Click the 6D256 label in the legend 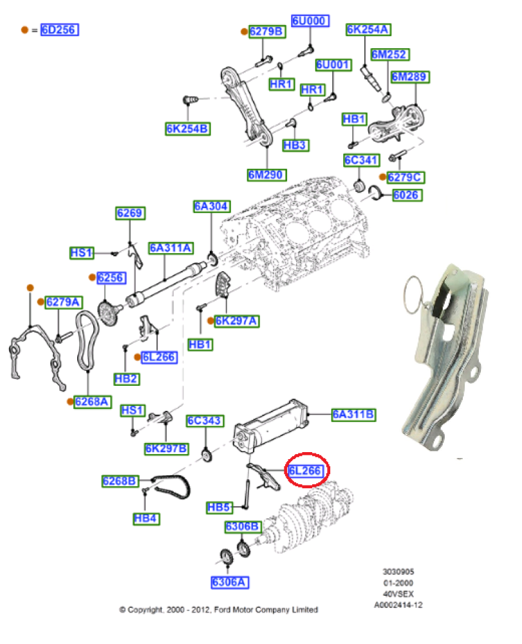pos(59,30)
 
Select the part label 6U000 pos(310,21)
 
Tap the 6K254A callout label pos(368,29)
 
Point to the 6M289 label pos(410,77)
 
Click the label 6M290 pos(266,175)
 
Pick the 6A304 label pos(211,206)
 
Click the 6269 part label pos(130,213)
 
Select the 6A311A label pos(171,248)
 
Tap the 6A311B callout pos(353,414)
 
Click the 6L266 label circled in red pos(305,471)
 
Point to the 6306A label pos(229,582)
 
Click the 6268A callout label pos(93,402)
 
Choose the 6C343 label pos(205,421)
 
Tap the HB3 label pos(294,146)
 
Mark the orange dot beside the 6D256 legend pos(25,30)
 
